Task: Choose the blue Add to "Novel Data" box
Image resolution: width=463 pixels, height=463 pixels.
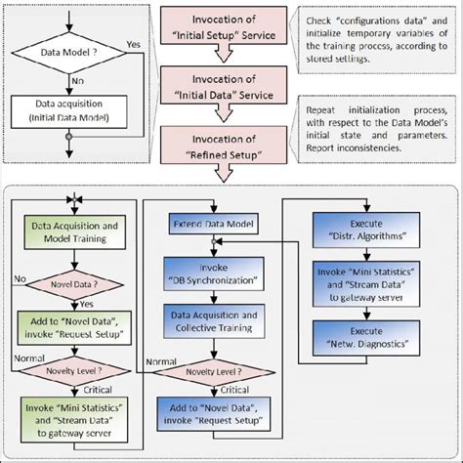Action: coord(212,415)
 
